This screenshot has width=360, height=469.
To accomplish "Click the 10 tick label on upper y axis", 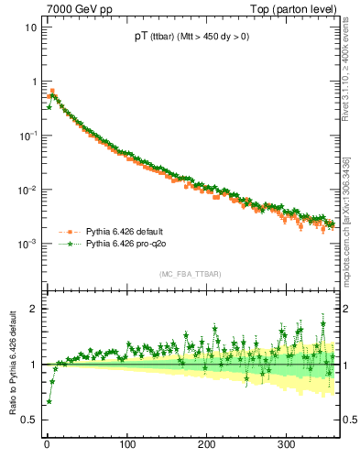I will pyautogui.click(x=27, y=27).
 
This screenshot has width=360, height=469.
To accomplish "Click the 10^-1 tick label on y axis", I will pyautogui.click(x=25, y=136).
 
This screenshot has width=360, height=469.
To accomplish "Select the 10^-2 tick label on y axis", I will pyautogui.click(x=25, y=191).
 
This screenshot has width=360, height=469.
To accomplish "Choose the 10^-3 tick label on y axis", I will pyautogui.click(x=25, y=245).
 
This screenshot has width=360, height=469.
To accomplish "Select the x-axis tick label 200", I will pyautogui.click(x=206, y=444).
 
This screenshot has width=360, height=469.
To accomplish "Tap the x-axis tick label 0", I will pyautogui.click(x=47, y=444).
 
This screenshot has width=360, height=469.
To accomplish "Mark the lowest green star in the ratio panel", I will pyautogui.click(x=49, y=401).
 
